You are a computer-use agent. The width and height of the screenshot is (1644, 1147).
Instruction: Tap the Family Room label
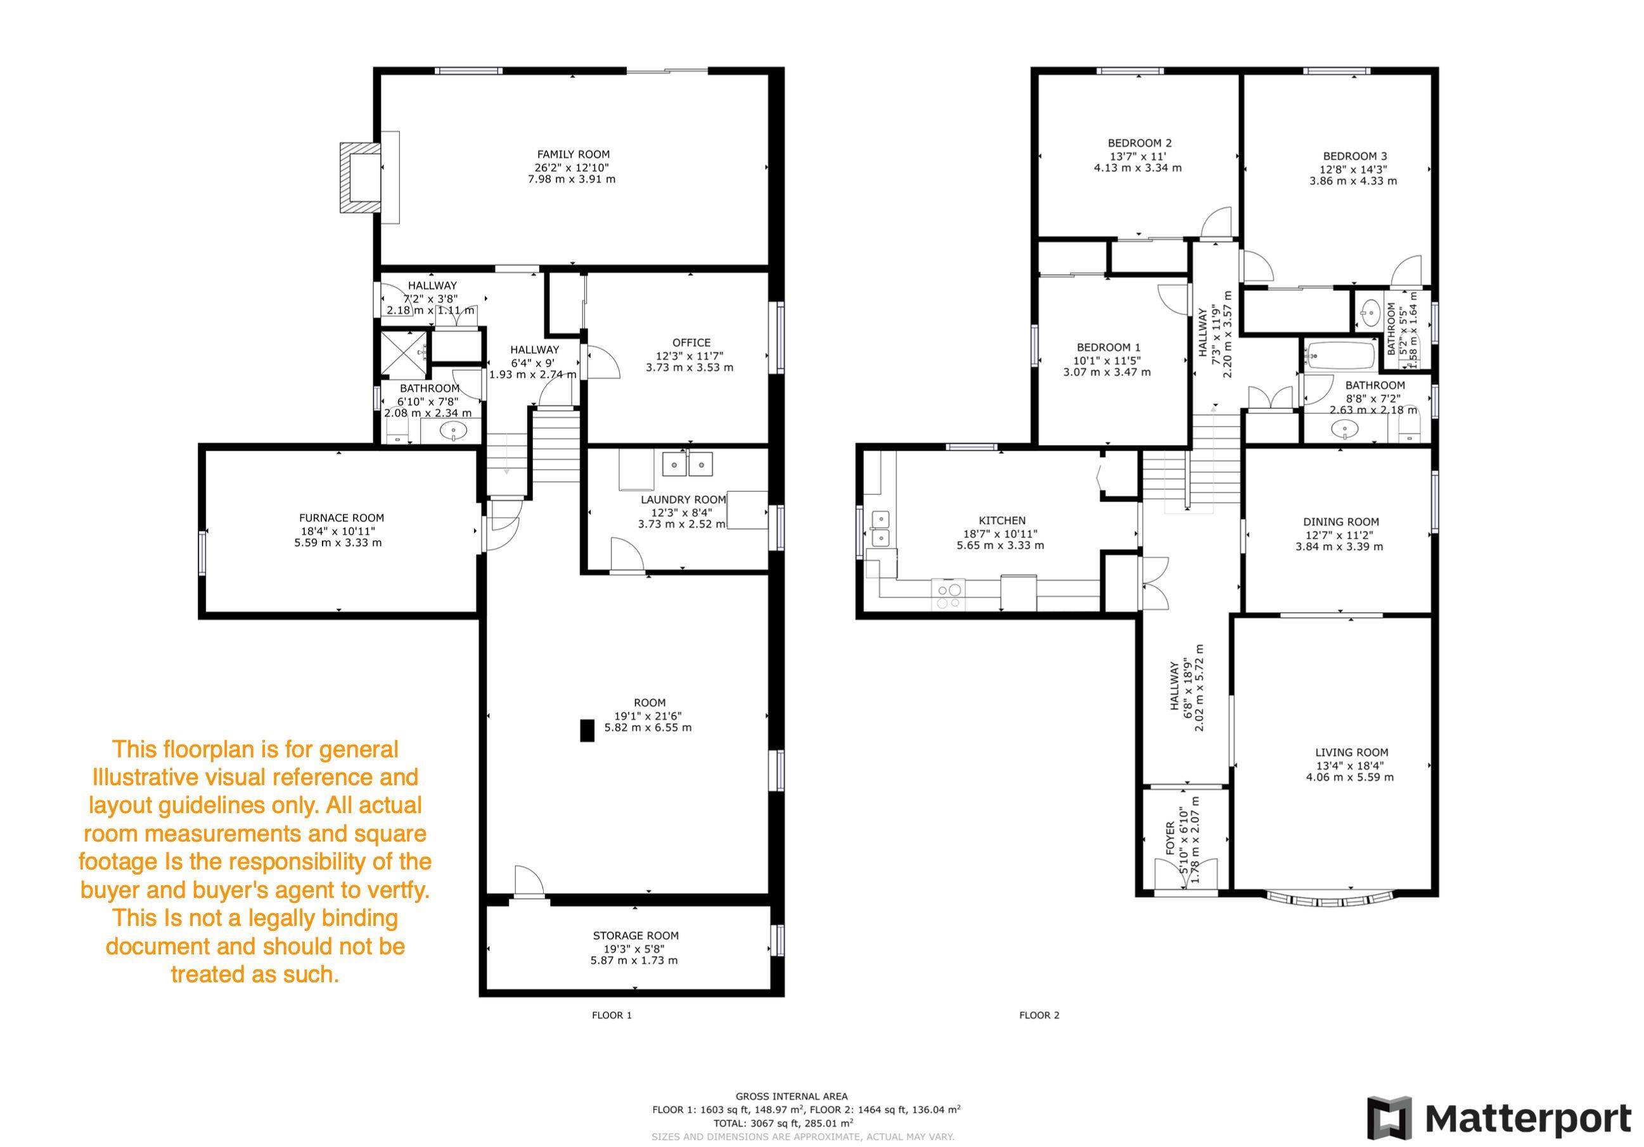coord(574,154)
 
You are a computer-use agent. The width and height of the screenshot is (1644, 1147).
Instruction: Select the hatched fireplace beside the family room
coord(360,177)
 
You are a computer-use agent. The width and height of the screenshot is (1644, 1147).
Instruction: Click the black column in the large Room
coord(587,730)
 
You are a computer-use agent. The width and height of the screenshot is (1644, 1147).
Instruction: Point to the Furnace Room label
coord(342,518)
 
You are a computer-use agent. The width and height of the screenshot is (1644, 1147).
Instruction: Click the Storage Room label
coord(636,935)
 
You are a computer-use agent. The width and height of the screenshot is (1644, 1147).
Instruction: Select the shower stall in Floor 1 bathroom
coord(403,354)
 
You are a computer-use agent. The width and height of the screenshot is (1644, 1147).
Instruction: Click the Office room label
coord(691,342)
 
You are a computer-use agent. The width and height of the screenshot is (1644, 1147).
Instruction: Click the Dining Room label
coord(1341,522)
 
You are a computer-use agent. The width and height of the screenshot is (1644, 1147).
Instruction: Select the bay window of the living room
coord(1330,899)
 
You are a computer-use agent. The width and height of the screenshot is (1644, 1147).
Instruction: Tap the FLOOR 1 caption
coord(612,1015)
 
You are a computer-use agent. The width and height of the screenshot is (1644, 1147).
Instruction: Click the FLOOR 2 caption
coord(1039,1015)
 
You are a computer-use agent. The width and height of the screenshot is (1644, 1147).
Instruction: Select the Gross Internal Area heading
coord(791,1096)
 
